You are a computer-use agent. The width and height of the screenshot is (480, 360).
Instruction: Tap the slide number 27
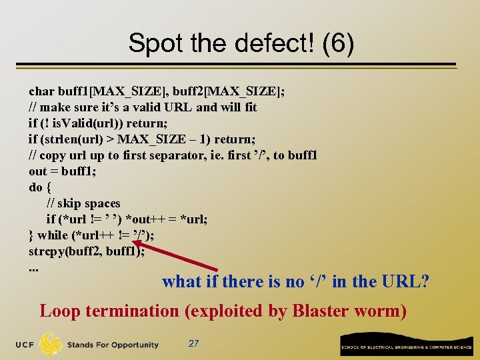pos(193,343)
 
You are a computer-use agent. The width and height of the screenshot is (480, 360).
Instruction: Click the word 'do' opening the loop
pos(36,187)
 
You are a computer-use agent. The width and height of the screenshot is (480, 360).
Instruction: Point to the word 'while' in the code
pos(53,235)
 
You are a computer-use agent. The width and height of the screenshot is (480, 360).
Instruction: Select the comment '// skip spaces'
pos(83,203)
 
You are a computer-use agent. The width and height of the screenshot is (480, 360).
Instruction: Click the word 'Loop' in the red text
pos(59,311)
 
